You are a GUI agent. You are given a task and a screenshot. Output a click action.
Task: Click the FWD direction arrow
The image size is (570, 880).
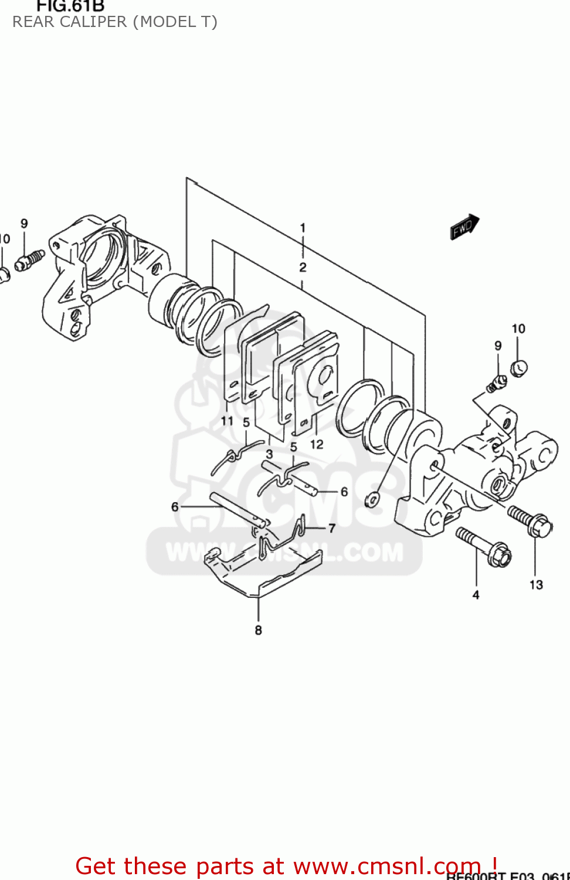[x=464, y=227]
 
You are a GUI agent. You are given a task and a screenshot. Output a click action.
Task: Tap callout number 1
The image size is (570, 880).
[x=303, y=228]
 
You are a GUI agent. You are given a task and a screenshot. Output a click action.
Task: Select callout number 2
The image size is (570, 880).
[x=303, y=268]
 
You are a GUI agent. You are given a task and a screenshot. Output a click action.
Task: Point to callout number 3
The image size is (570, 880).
[x=269, y=453]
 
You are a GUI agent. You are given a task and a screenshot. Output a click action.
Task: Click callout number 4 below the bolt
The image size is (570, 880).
[x=476, y=595]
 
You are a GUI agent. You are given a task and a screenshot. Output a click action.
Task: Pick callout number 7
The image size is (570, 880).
[x=332, y=529]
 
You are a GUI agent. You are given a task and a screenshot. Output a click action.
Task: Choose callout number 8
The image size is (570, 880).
[x=258, y=631]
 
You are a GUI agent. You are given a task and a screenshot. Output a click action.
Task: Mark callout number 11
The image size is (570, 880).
[x=227, y=421]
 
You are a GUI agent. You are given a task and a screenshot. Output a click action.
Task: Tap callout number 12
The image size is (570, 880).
[x=317, y=444]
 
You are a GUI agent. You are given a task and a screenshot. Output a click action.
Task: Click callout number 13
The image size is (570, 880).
[x=536, y=585]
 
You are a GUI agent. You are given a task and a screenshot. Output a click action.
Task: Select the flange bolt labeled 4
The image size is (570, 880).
[x=484, y=547]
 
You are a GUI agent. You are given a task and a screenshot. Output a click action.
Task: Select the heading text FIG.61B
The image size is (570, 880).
[x=70, y=6]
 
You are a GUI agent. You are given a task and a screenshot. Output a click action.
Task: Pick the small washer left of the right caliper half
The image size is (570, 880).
[x=372, y=499]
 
